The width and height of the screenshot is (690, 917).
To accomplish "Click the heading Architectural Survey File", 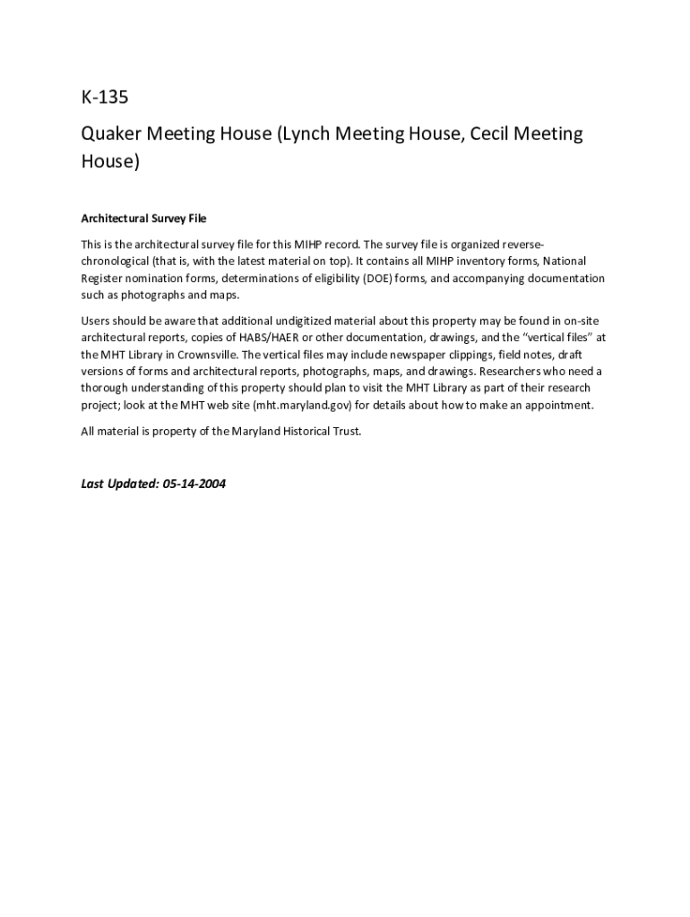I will pyautogui.click(x=143, y=219).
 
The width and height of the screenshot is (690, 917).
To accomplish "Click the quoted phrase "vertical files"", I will pyautogui.click(x=556, y=338).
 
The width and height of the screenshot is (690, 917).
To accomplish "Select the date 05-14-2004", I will pyautogui.click(x=194, y=484).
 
